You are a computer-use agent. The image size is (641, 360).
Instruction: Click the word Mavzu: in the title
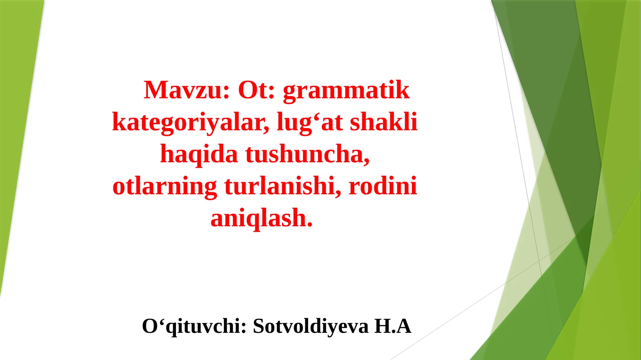pyautogui.click(x=186, y=90)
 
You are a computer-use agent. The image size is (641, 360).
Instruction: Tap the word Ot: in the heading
pyautogui.click(x=256, y=90)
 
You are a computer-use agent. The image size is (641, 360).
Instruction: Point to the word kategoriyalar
pyautogui.click(x=190, y=123)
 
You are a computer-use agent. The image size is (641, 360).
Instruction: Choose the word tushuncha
pyautogui.click(x=306, y=155)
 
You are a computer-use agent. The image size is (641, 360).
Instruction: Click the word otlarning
pyautogui.click(x=165, y=187)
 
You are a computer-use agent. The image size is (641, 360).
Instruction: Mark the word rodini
pyautogui.click(x=383, y=187)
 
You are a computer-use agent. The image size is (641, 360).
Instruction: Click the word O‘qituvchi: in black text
pyautogui.click(x=194, y=326)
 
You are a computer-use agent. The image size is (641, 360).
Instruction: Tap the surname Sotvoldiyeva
pyautogui.click(x=310, y=326)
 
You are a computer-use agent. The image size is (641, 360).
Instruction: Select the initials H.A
pyautogui.click(x=393, y=326)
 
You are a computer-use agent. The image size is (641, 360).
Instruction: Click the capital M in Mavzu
pyautogui.click(x=155, y=90)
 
